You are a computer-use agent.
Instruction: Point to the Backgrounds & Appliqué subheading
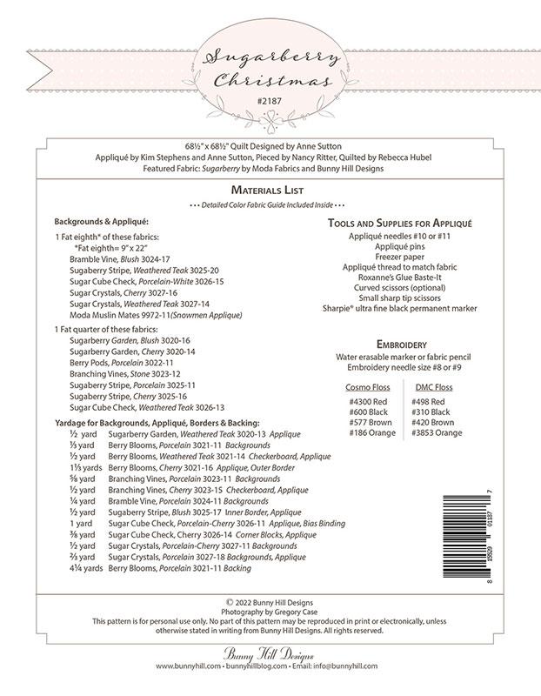coord(101,222)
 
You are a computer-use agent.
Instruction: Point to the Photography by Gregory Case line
coord(270,611)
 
